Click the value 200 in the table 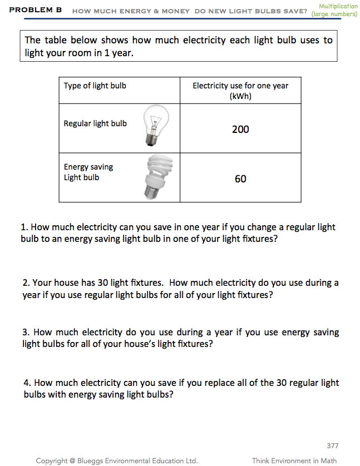pos(240,130)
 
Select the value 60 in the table pos(240,179)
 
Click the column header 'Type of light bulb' pos(95,86)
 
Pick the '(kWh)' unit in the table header pos(240,96)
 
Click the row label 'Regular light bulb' pos(95,123)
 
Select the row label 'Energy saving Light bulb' pos(88,172)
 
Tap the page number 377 pos(332,445)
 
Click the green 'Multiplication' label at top pos(338,6)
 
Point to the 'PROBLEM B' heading pos(36,11)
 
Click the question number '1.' pos(24,227)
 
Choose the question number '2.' pos(27,282)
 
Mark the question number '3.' pos(26,333)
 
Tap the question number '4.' pos(27,383)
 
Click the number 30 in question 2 pos(103,282)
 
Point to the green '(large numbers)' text pos(334,14)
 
